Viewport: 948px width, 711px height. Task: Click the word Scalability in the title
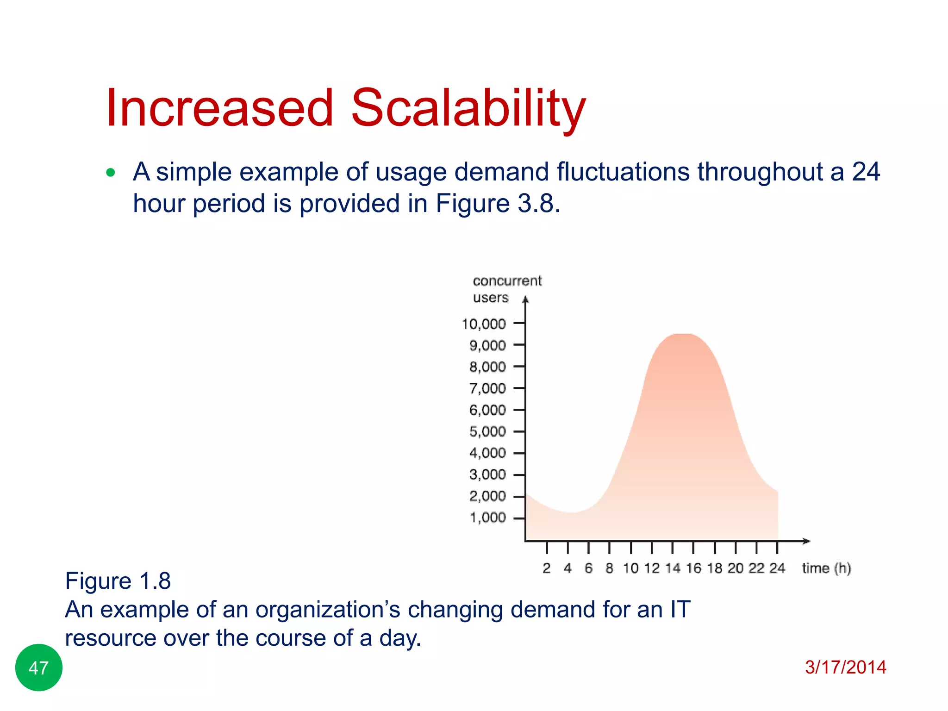point(468,109)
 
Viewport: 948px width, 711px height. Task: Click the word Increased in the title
point(219,109)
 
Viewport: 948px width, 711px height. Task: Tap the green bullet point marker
point(110,173)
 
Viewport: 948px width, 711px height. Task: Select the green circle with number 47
point(38,667)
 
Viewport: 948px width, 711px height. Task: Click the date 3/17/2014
point(845,667)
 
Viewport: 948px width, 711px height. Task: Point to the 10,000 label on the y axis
point(484,324)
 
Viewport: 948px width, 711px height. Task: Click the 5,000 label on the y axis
point(487,431)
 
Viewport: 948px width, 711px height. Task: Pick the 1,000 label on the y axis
point(487,518)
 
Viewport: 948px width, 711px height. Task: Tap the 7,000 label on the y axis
point(487,388)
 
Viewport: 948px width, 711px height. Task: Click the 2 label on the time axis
point(547,568)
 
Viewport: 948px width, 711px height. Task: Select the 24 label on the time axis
point(777,568)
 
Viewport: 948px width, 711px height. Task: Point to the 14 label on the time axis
point(673,568)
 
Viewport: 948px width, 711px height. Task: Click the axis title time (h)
point(826,568)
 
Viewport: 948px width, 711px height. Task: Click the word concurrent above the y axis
point(507,281)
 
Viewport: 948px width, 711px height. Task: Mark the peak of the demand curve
point(682,334)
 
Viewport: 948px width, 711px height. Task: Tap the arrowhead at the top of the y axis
point(525,300)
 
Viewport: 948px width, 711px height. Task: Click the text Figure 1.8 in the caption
point(118,581)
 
